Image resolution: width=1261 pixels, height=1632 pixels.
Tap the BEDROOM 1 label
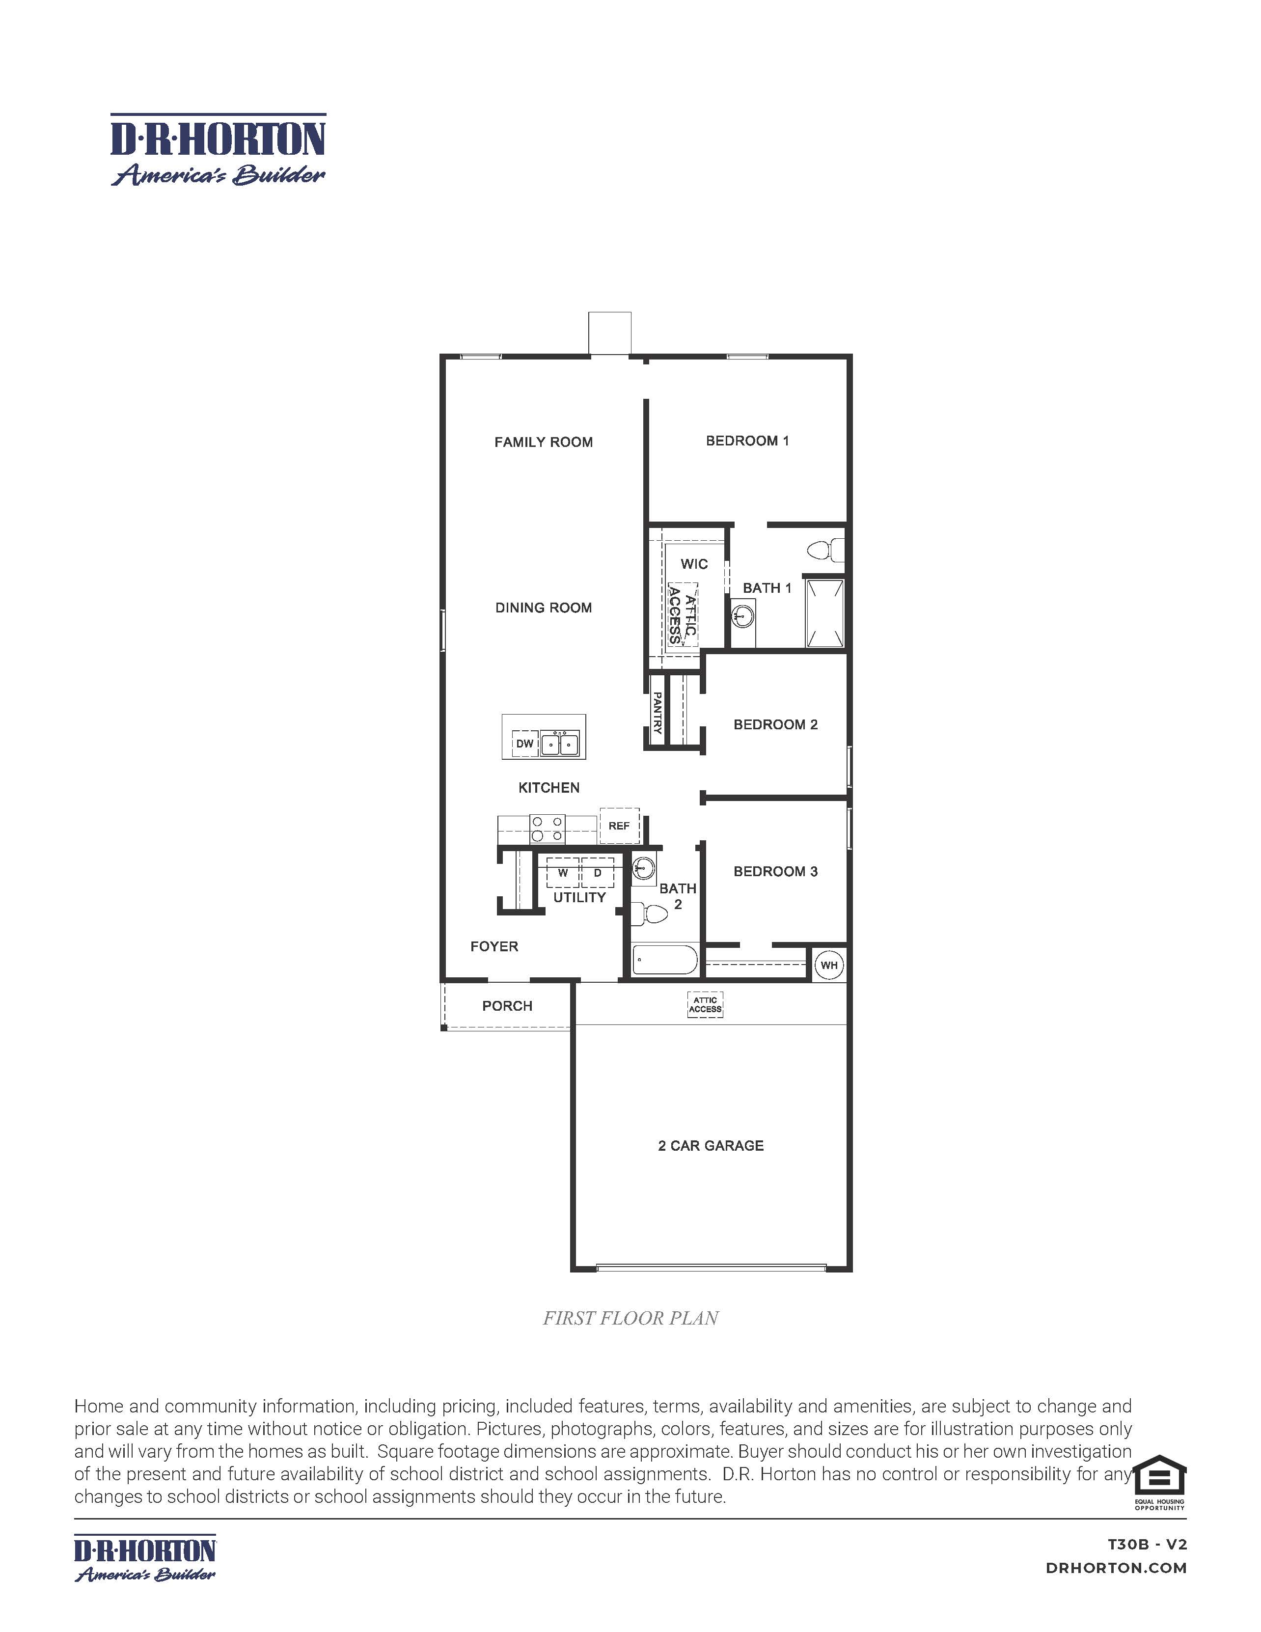pyautogui.click(x=747, y=441)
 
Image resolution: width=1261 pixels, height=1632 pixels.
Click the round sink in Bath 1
pyautogui.click(x=743, y=616)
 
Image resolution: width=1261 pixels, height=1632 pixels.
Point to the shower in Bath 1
pyautogui.click(x=825, y=613)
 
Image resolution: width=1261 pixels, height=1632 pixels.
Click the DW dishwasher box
pyautogui.click(x=525, y=744)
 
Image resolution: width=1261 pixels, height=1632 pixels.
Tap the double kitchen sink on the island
pyautogui.click(x=559, y=744)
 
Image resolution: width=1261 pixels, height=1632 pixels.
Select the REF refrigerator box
pyautogui.click(x=619, y=826)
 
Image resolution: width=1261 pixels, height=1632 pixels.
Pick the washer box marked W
pyautogui.click(x=563, y=873)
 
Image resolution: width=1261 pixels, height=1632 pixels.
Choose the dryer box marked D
pyautogui.click(x=598, y=873)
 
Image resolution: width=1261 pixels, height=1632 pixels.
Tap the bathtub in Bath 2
pyautogui.click(x=665, y=960)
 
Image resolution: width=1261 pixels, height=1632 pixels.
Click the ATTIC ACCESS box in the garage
pyautogui.click(x=705, y=1004)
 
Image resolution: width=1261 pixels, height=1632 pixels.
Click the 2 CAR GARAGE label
pyautogui.click(x=711, y=1145)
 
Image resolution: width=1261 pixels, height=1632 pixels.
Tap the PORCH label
pyautogui.click(x=507, y=1006)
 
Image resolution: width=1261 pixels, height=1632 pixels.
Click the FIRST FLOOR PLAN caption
pyautogui.click(x=630, y=1318)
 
